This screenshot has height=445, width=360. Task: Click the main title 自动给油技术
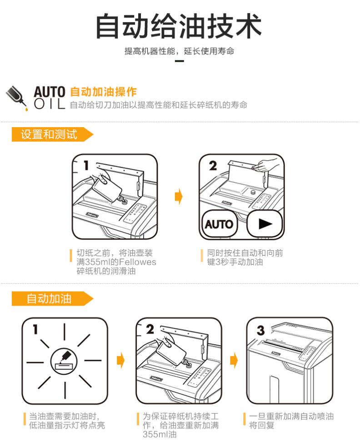coord(179,26)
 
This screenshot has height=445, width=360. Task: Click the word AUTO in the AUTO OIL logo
coord(50,92)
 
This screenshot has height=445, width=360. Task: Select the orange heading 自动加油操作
coord(103,92)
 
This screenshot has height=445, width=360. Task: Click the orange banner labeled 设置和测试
coord(52,134)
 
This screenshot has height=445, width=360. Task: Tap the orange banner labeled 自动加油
coord(52,299)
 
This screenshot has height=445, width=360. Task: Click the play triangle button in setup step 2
coord(265,223)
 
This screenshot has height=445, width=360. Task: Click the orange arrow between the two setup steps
coord(179,196)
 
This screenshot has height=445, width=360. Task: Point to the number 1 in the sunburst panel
coord(35,329)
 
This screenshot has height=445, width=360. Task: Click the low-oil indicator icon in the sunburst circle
coord(64,361)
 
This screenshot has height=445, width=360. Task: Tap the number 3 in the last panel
coord(260,331)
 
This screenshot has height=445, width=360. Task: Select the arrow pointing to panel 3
coord(234,361)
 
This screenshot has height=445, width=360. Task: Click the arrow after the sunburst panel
coord(121,361)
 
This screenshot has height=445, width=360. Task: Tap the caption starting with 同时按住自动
coord(245,257)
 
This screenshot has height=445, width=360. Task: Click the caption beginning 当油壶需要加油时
coord(67,420)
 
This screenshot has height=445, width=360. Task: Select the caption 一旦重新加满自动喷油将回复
coord(291,420)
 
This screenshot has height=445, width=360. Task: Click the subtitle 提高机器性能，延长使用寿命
coord(179,51)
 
